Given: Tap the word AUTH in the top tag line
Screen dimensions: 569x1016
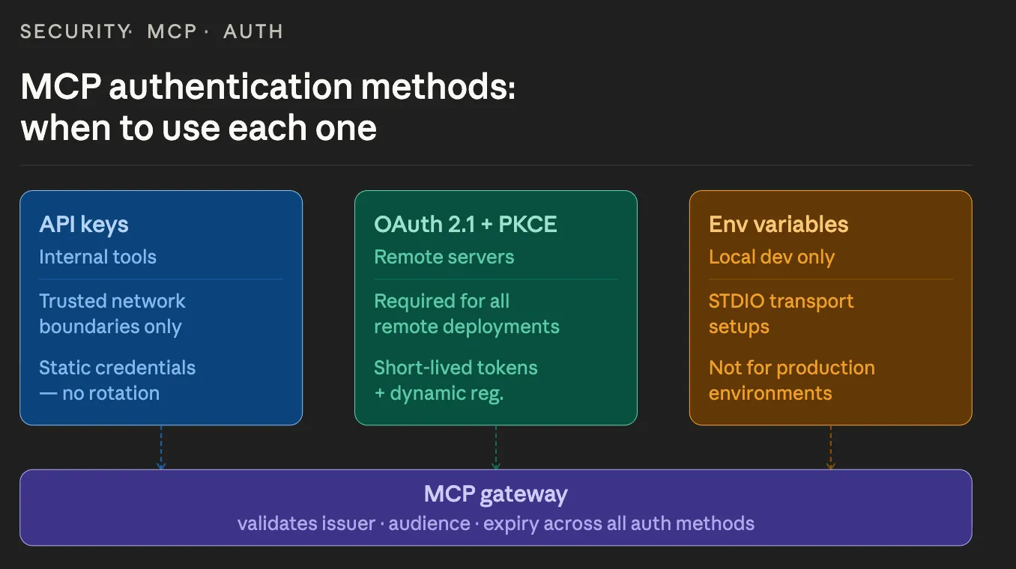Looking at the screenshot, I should tap(253, 31).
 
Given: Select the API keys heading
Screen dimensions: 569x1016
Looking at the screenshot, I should tap(84, 225).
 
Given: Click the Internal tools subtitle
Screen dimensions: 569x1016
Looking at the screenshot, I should tap(97, 257).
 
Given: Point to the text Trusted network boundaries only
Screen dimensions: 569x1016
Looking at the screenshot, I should tap(112, 314).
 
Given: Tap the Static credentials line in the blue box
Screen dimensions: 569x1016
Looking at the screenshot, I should tap(117, 368).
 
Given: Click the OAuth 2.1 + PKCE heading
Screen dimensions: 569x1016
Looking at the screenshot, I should tap(465, 225).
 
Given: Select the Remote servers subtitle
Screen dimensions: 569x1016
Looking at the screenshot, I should tap(444, 257).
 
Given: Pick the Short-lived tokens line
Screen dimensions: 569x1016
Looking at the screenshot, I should tap(456, 368).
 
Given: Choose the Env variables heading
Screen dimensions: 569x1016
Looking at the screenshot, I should tap(778, 225).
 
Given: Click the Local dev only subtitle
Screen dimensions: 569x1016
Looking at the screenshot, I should tap(771, 257).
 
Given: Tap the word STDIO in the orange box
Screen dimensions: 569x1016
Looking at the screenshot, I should tap(737, 301).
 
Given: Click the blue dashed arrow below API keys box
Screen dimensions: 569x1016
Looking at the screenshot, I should tap(161, 447).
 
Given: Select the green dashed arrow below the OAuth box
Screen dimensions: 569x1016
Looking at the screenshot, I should tap(495, 447).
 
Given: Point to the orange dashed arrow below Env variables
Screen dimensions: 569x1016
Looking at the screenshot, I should tap(830, 447).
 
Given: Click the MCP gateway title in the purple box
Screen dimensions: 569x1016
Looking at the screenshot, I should tap(495, 494).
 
